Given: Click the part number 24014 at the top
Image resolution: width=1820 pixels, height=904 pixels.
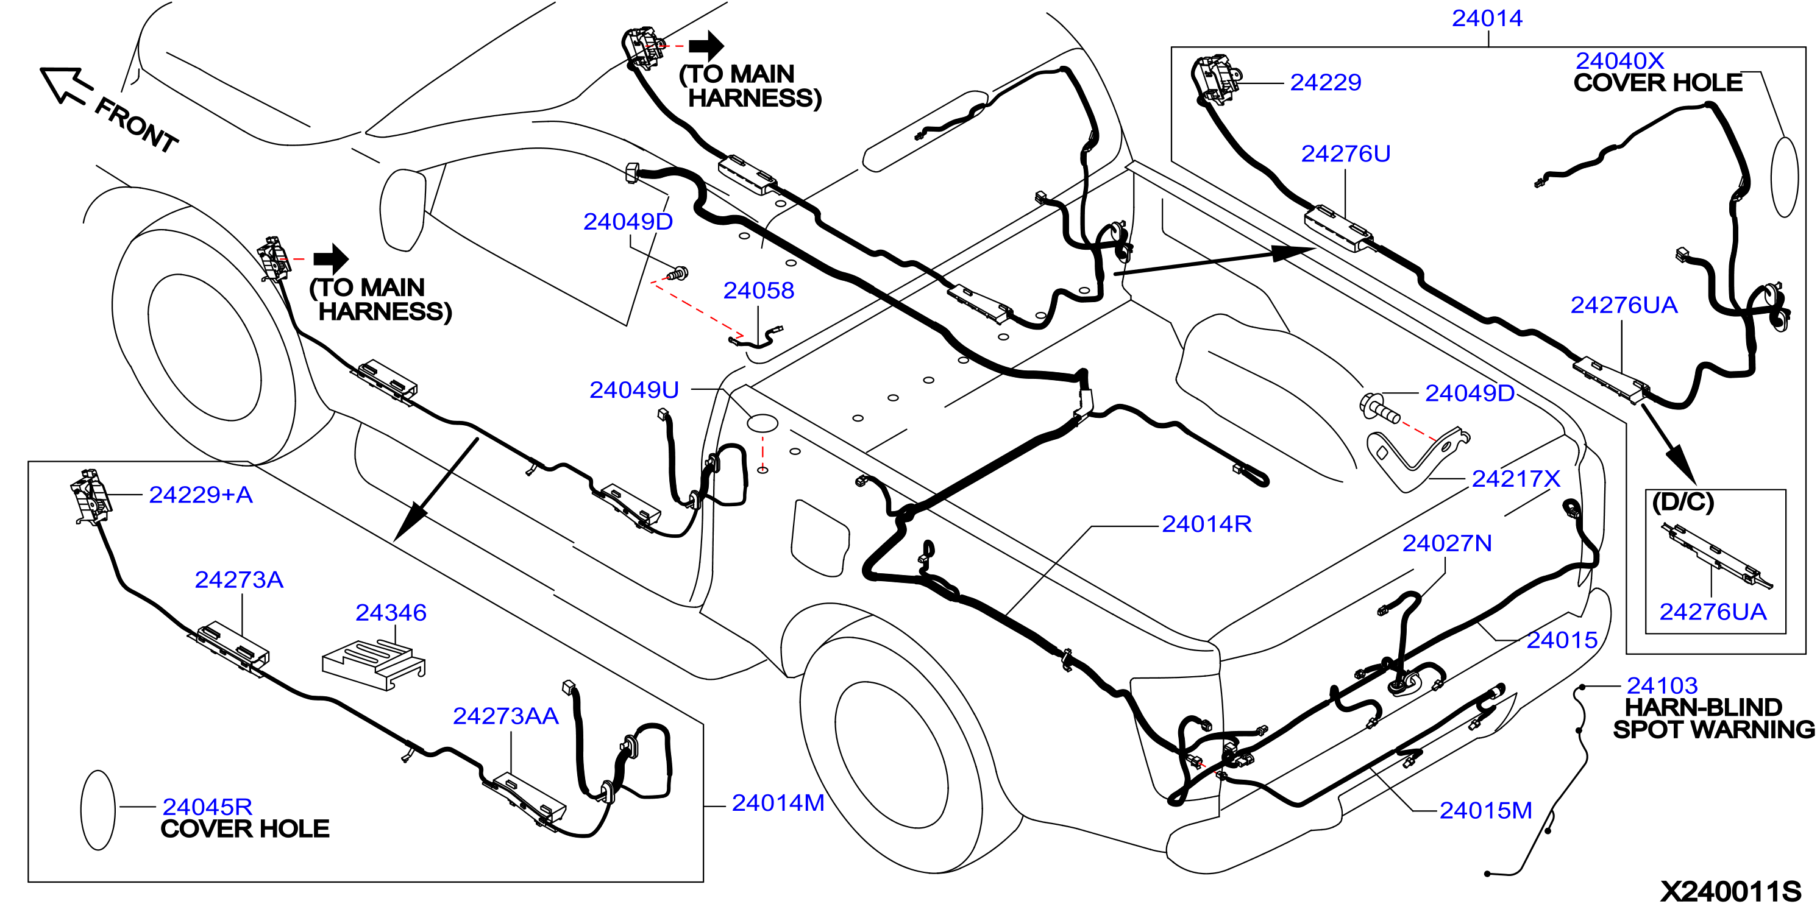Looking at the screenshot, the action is pos(1487,18).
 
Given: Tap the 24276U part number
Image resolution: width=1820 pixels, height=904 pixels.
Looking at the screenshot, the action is pos(1345,154).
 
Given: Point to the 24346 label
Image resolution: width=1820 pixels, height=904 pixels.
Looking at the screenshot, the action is pos(391,613).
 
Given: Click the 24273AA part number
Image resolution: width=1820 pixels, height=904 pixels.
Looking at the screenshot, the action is pos(506,716).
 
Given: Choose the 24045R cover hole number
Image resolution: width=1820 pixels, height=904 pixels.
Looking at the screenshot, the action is pos(207,807).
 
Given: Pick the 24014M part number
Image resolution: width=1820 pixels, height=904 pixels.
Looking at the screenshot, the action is pos(778,803).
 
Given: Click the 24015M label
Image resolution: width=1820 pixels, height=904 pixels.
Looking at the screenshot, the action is pos(1486,811).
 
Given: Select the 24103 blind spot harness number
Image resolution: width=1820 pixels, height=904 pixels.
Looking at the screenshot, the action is pos(1662,685).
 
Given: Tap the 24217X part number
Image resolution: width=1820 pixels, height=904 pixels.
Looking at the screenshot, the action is pos(1515,479).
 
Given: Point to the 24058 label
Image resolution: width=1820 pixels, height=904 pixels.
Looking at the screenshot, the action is pos(759,291).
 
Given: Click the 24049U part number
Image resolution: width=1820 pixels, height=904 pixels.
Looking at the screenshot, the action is pos(634,390).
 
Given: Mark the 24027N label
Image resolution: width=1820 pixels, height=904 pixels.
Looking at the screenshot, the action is pos(1447,544).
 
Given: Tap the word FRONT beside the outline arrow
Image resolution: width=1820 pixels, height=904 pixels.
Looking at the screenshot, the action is pos(137,125).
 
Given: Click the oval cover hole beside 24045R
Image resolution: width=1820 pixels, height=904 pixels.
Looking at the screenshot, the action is pos(98,810).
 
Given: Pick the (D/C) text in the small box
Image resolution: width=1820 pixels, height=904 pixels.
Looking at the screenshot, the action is pos(1683,502).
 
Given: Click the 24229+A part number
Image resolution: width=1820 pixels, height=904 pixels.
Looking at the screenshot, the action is pos(201,495).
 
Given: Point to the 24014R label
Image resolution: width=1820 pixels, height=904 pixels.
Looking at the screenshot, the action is pos(1207,524).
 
